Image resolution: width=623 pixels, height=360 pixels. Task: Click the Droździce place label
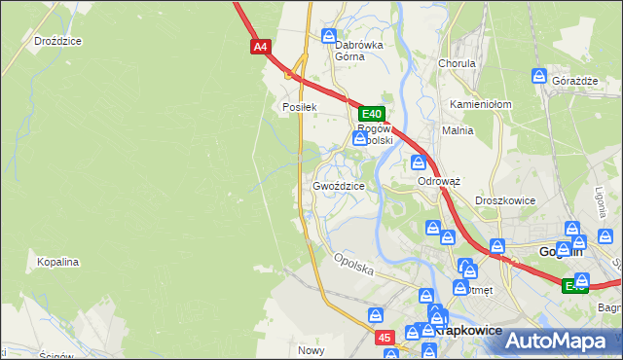click(57, 41)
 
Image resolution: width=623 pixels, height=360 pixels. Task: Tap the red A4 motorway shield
click(259, 46)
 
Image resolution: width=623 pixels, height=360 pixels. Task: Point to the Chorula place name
click(456, 63)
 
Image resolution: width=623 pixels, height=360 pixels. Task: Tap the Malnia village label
click(458, 129)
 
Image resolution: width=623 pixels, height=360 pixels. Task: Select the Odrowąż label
click(438, 181)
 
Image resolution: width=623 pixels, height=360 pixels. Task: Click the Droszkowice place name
click(505, 200)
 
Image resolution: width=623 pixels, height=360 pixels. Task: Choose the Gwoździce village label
click(339, 186)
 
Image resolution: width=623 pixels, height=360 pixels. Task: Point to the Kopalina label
click(57, 262)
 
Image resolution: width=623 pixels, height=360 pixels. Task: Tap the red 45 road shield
click(386, 337)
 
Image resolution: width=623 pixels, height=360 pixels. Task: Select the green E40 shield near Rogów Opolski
click(374, 114)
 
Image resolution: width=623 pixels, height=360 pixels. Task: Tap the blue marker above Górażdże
click(540, 76)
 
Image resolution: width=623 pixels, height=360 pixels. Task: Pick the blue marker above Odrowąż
click(419, 162)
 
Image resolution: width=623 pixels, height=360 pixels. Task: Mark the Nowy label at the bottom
click(311, 350)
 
